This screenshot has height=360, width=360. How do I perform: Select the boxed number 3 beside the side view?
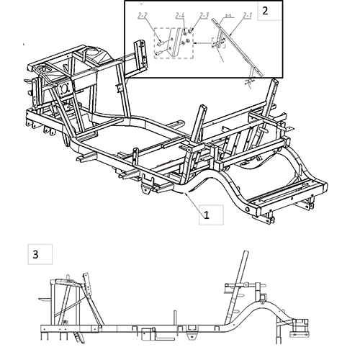pos(35,254)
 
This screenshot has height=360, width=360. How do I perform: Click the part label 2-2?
pos(141,15)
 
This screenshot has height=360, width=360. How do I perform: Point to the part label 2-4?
pos(179,15)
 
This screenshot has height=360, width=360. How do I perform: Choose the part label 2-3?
pos(204,15)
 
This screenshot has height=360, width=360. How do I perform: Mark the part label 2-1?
pos(247,15)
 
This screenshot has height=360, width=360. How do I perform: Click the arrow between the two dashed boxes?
pos(203,45)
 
